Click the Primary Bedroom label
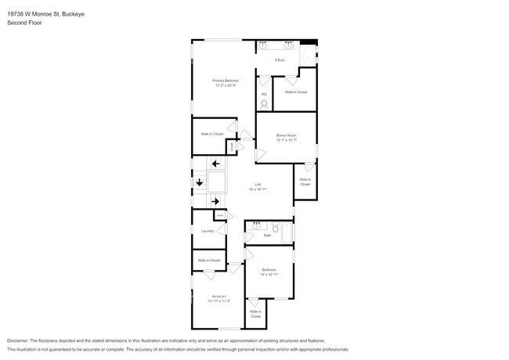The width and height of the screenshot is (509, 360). (x=225, y=82)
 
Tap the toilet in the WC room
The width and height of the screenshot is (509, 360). (x=264, y=104)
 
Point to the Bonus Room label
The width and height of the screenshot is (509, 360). (x=286, y=138)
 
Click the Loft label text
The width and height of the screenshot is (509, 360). (x=258, y=186)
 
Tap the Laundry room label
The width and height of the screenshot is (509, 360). (x=208, y=231)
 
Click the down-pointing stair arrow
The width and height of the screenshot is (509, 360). (x=199, y=182)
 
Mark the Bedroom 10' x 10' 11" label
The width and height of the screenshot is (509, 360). (x=269, y=272)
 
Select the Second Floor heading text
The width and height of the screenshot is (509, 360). (x=24, y=23)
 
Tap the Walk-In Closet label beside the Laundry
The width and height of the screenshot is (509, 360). (x=208, y=260)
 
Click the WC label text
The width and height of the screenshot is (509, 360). (x=264, y=94)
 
